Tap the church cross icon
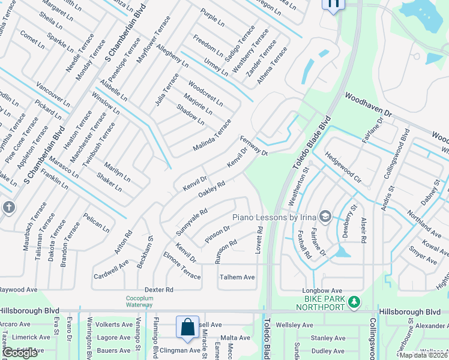coord(8,208)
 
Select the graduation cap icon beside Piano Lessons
coord(325,216)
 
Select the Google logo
coord(20,353)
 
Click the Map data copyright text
coord(423,355)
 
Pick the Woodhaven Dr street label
coord(368,104)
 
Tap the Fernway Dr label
coord(254,144)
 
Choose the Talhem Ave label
coord(237,277)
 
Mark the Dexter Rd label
coord(158,289)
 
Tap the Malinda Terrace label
coord(212,136)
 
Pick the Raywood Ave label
coord(19,289)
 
